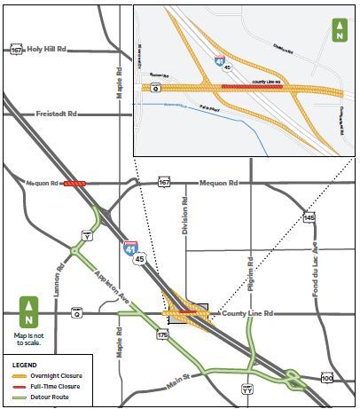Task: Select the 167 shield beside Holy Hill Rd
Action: pos(16,50)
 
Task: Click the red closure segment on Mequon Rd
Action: pos(74,183)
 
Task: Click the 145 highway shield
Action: pos(308,217)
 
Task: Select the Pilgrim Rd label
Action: pos(252,263)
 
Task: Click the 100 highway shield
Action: pos(326,379)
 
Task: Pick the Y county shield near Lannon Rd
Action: pos(87,236)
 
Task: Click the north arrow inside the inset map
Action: pos(338,31)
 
